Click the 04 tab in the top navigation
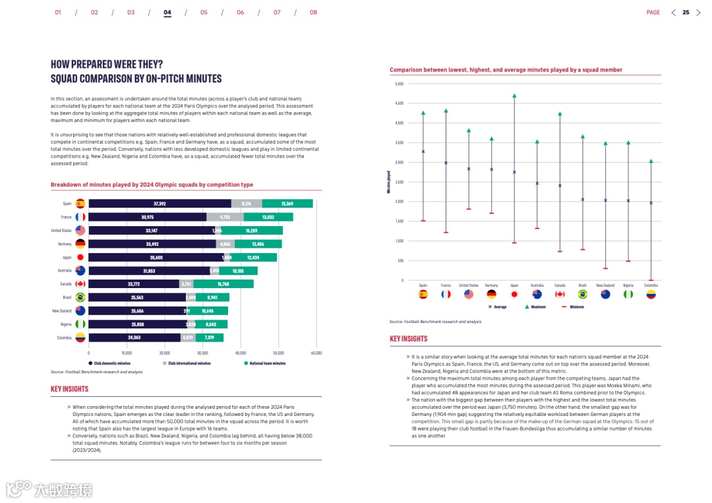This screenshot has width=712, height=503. (x=167, y=13)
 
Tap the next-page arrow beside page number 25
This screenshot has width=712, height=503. (x=698, y=13)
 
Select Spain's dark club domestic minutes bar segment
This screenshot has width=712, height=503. (x=160, y=204)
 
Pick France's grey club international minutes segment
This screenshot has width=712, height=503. (x=225, y=217)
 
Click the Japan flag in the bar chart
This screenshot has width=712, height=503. (x=80, y=258)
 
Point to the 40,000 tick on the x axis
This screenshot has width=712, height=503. (x=241, y=353)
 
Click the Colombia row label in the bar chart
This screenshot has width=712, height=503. (x=64, y=338)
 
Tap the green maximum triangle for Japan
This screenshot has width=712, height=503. (x=514, y=96)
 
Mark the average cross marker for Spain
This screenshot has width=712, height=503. (x=423, y=152)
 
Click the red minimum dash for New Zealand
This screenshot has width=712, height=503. (x=605, y=268)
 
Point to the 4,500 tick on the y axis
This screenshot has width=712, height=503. (x=399, y=104)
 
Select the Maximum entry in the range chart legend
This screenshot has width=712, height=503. (x=537, y=307)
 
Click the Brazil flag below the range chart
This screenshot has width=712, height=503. (x=583, y=294)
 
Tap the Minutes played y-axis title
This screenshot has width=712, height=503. (x=389, y=182)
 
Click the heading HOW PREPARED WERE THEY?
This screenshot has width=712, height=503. (x=107, y=65)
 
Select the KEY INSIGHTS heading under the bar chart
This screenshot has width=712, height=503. (x=69, y=389)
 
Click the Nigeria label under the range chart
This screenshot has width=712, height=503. (x=628, y=285)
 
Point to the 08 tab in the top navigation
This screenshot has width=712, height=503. (x=313, y=13)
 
